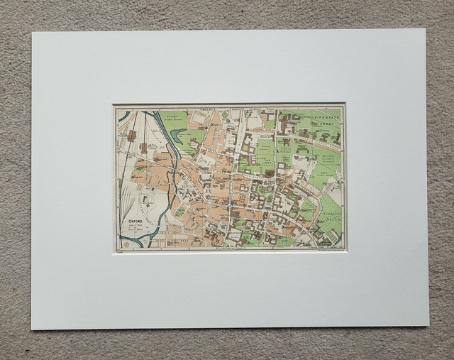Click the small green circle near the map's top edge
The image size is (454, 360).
click(x=224, y=114)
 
